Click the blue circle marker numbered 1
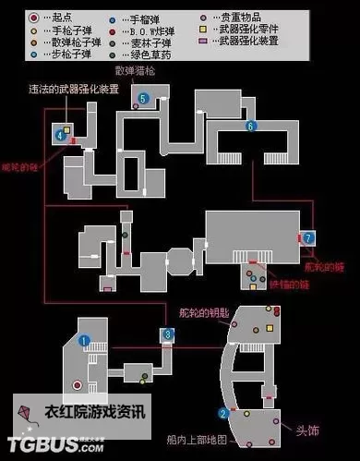(x=83, y=340)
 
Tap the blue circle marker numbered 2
(x=222, y=413)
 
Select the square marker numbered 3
(x=168, y=334)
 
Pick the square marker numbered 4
(x=60, y=135)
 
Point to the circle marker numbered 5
(x=143, y=97)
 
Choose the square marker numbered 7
(x=308, y=237)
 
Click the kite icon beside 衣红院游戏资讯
(x=26, y=409)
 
